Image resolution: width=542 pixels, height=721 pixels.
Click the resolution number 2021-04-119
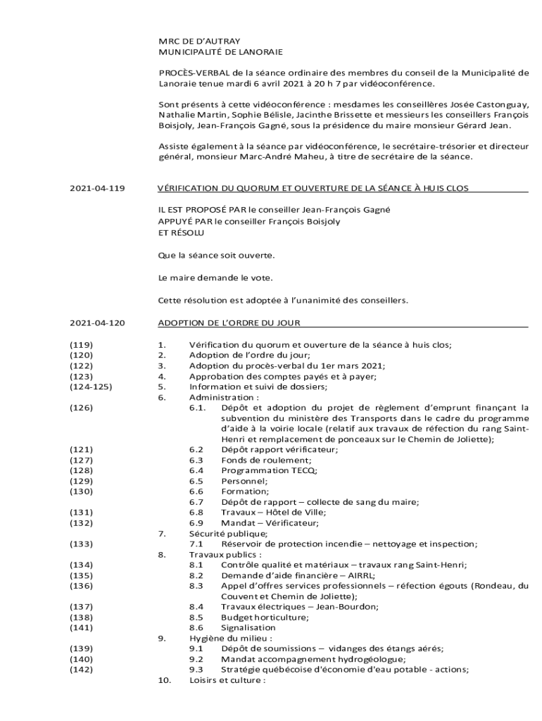97,189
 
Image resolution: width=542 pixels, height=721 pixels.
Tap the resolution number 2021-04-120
97,323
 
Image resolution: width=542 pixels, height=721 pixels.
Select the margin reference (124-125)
91,387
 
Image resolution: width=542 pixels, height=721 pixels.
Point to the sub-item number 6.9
196,522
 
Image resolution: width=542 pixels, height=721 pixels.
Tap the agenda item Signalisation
248,627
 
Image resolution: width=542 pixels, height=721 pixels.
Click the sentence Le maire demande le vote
215,277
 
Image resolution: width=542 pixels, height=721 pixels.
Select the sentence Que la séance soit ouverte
216,254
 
